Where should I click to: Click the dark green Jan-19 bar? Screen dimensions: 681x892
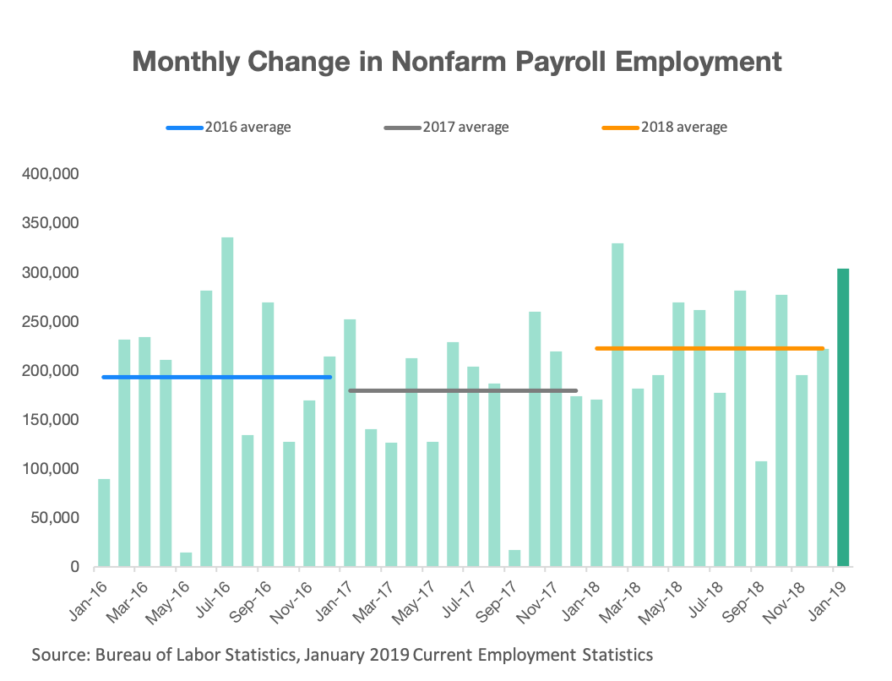click(843, 417)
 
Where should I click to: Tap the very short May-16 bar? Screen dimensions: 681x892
click(186, 559)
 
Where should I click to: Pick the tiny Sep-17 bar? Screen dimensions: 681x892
click(514, 558)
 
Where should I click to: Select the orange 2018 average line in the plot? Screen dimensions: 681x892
click(710, 348)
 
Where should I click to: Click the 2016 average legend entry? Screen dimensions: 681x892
click(229, 128)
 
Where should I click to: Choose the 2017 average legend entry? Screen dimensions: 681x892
click(447, 128)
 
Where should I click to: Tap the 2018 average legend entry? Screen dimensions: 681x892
click(665, 128)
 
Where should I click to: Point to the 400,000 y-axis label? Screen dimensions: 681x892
click(48, 175)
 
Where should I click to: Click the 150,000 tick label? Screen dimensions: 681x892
click(48, 420)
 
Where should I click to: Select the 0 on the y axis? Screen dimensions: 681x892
click(75, 567)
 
